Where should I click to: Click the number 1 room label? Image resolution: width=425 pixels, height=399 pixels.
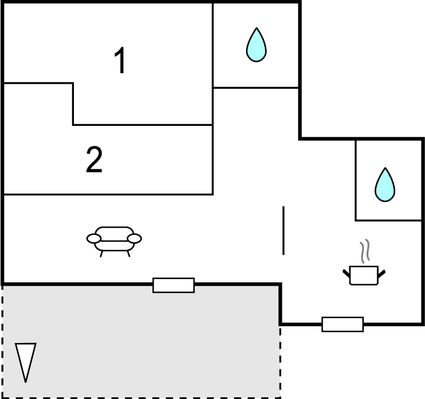coord(120,62)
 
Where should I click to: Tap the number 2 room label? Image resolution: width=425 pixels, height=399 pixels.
coord(94,160)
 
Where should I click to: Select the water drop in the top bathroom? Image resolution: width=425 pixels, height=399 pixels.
coord(257,44)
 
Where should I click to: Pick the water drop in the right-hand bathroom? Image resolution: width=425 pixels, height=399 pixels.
coord(385,183)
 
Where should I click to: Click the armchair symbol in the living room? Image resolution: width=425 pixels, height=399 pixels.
coord(115,239)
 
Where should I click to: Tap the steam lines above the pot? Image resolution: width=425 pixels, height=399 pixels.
coord(366,249)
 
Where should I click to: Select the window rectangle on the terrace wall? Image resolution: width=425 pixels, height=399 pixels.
coord(173,286)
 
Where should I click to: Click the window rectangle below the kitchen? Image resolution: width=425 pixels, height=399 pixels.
coord(342,324)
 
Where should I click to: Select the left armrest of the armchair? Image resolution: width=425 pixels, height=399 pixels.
coord(94,238)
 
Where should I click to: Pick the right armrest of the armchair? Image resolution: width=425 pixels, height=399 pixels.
coord(136,238)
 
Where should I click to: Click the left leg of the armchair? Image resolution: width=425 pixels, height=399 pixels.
coord(101,252)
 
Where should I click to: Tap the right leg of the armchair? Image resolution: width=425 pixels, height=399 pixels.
coord(129,252)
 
